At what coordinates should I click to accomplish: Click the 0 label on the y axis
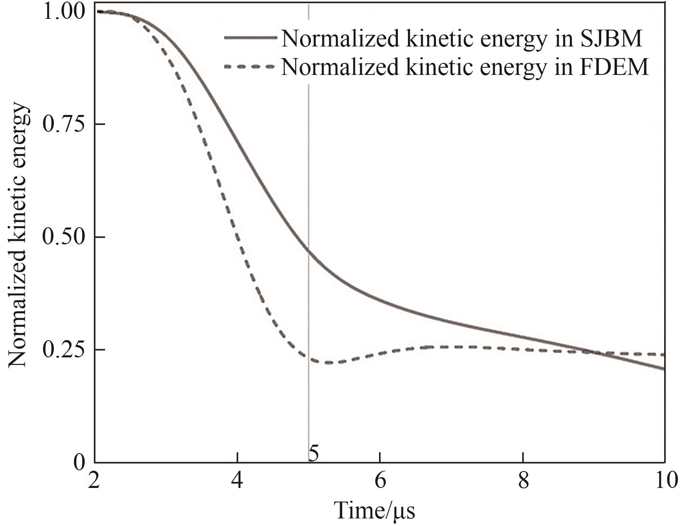point(80,462)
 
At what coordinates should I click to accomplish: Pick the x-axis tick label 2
point(94,480)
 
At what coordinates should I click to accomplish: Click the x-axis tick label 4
point(237,480)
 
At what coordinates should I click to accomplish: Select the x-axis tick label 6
point(380,480)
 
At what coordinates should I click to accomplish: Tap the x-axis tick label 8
point(523,480)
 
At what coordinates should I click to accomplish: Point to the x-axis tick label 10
point(666,480)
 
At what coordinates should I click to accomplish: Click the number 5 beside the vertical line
point(314,454)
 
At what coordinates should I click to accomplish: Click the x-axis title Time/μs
point(374,510)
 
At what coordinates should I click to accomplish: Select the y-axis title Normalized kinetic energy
point(18,235)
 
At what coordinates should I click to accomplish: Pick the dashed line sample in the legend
point(250,67)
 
